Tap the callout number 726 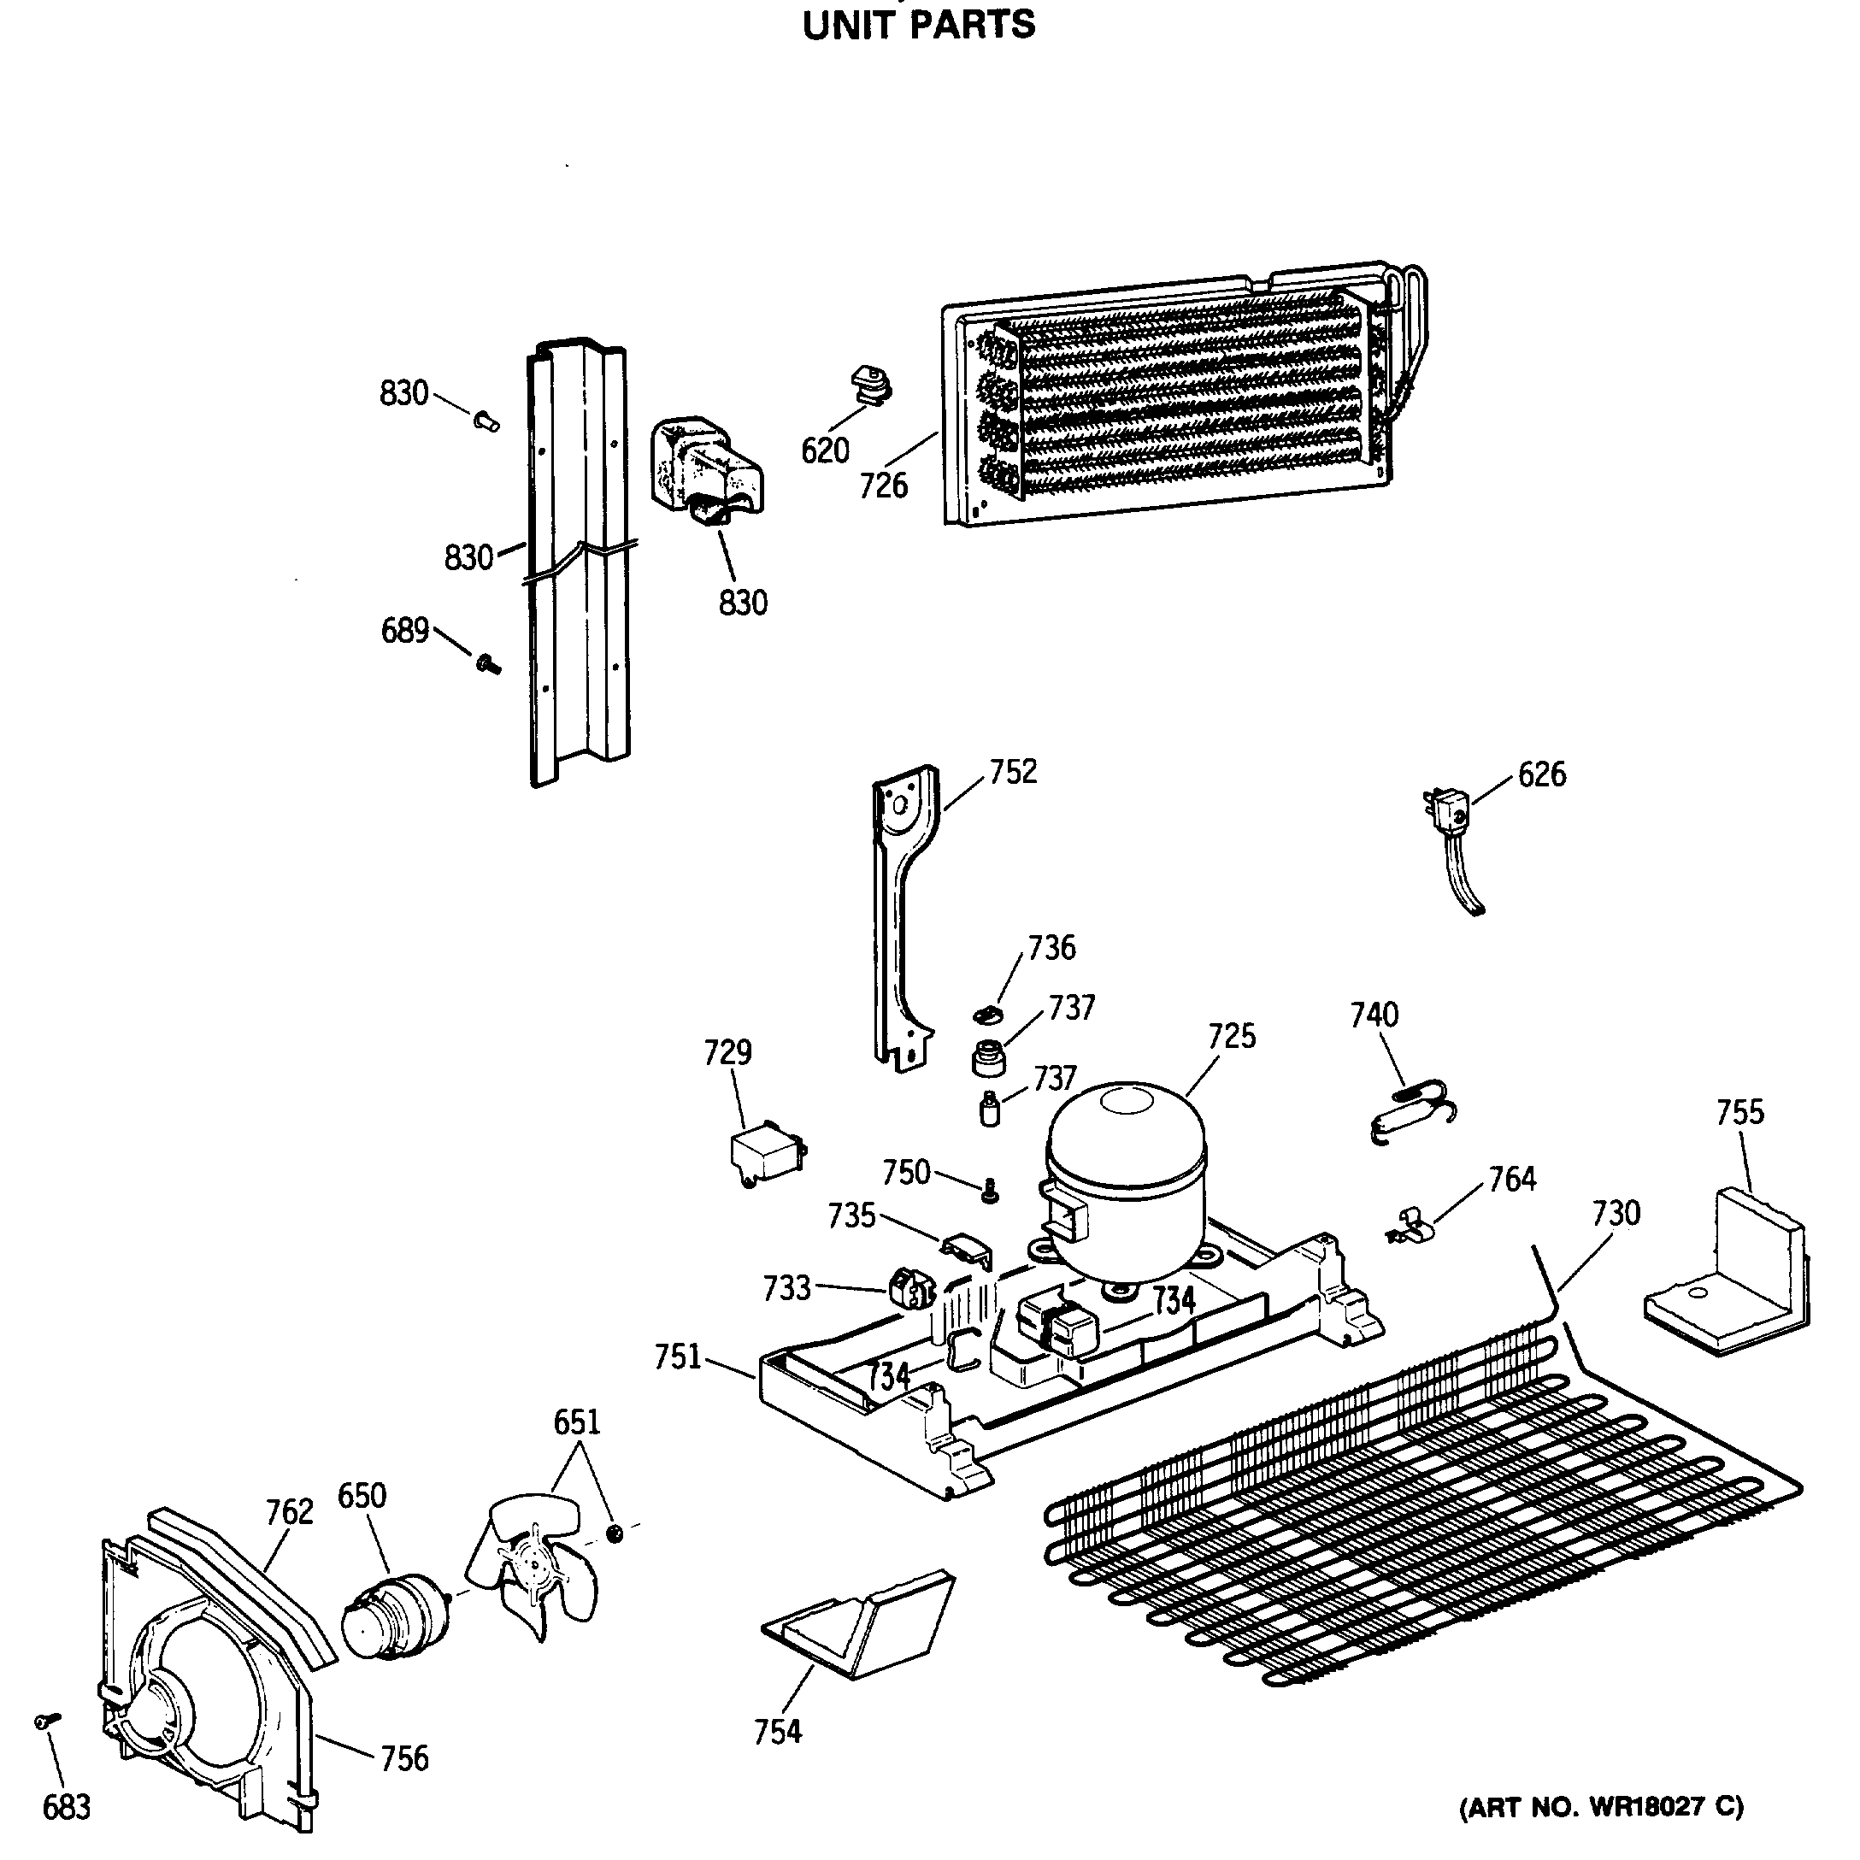[x=883, y=486]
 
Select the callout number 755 [x=1739, y=1112]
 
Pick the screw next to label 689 [x=488, y=663]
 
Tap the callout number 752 [x=1013, y=772]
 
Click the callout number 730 [x=1616, y=1213]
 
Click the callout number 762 [x=289, y=1511]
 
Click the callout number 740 [x=1374, y=1014]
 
